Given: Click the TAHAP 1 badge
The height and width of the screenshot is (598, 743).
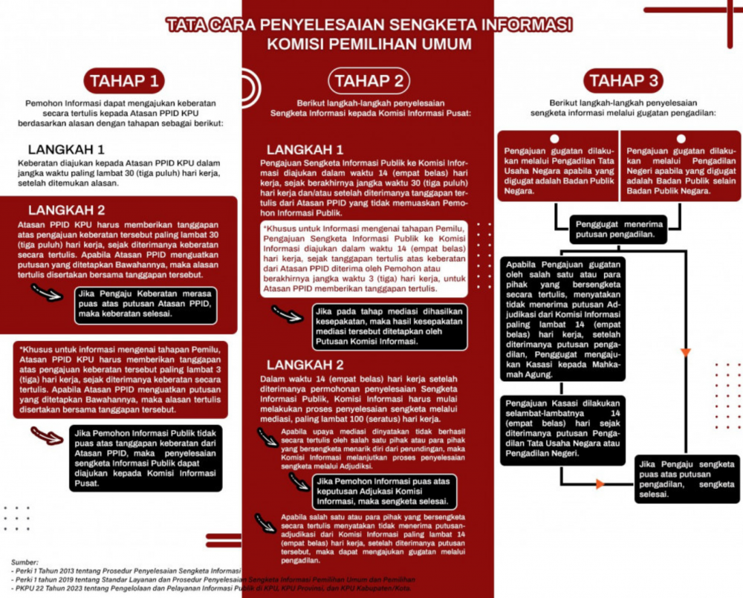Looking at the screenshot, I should pyautogui.click(x=123, y=79).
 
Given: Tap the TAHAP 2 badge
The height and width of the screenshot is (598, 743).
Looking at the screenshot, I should pyautogui.click(x=369, y=81).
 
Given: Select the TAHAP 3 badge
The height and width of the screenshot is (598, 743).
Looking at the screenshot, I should pyautogui.click(x=622, y=81).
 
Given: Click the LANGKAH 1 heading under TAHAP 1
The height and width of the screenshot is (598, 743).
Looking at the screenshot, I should pyautogui.click(x=66, y=149).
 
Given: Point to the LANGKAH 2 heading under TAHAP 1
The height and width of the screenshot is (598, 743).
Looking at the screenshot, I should pyautogui.click(x=66, y=209).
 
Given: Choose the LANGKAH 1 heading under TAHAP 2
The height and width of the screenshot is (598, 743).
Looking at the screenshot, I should pyautogui.click(x=305, y=149).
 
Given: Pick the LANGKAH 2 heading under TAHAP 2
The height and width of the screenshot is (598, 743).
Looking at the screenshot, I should pyautogui.click(x=305, y=365).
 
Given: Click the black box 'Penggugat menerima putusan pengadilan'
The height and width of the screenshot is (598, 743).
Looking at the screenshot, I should pyautogui.click(x=616, y=230).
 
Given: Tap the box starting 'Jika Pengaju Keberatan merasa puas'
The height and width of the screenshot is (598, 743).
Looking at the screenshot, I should pyautogui.click(x=145, y=303).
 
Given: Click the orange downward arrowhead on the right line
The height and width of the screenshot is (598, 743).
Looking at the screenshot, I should pyautogui.click(x=686, y=352).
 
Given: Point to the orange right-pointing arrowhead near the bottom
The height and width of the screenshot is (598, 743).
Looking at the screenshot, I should pyautogui.click(x=600, y=484).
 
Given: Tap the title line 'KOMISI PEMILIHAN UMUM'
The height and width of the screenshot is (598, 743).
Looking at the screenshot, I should pyautogui.click(x=369, y=44).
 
